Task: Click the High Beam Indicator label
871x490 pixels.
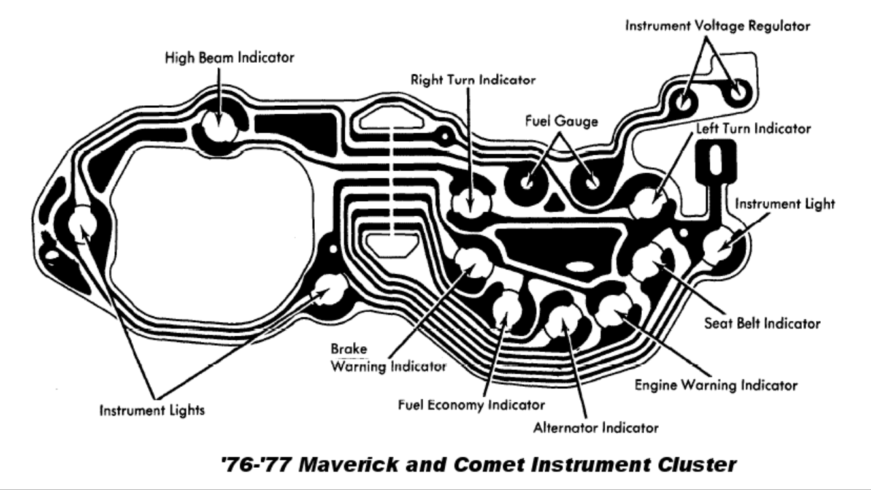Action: coord(229,57)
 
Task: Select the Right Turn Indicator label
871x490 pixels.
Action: coord(473,80)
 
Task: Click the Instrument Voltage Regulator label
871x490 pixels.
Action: coord(718,26)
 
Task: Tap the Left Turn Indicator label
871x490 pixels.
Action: coord(753,128)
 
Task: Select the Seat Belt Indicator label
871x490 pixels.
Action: coord(761,323)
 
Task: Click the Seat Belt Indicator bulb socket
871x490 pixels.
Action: coord(650,261)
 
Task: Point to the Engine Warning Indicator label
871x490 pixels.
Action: coord(716,385)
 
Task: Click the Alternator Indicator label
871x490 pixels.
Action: coord(595,428)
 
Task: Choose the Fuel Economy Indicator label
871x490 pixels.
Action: coord(471,405)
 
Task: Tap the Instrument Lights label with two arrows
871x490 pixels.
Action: coord(152,411)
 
